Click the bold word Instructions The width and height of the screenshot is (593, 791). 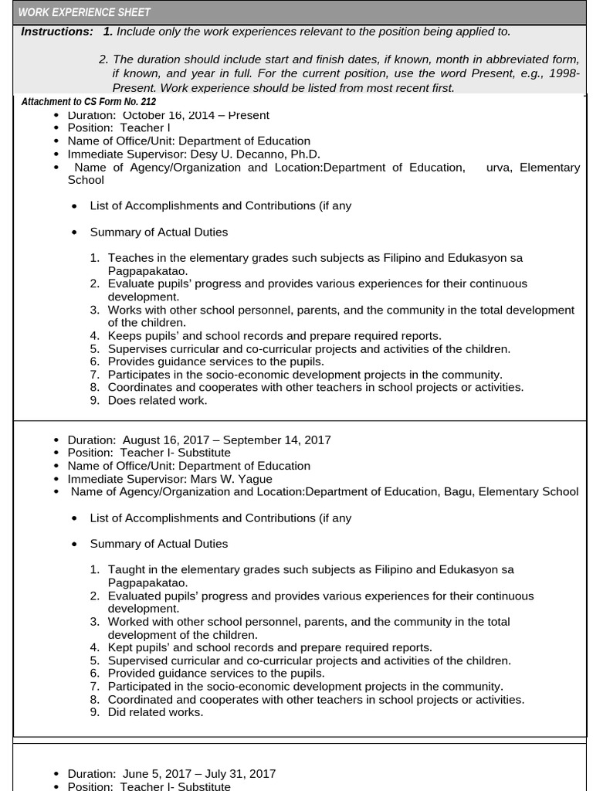[x=56, y=32]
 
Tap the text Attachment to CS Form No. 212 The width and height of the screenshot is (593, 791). [x=88, y=102]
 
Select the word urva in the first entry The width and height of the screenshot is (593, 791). [x=499, y=167]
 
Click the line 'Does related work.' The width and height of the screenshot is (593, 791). [x=158, y=400]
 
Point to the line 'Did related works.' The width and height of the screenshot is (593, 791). [x=155, y=712]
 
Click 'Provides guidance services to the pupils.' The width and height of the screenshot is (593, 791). [x=215, y=362]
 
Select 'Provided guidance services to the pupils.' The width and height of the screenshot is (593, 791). [x=216, y=674]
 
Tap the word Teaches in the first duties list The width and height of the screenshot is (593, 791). [x=129, y=257]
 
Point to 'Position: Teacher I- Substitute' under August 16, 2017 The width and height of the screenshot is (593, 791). [x=149, y=453]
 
